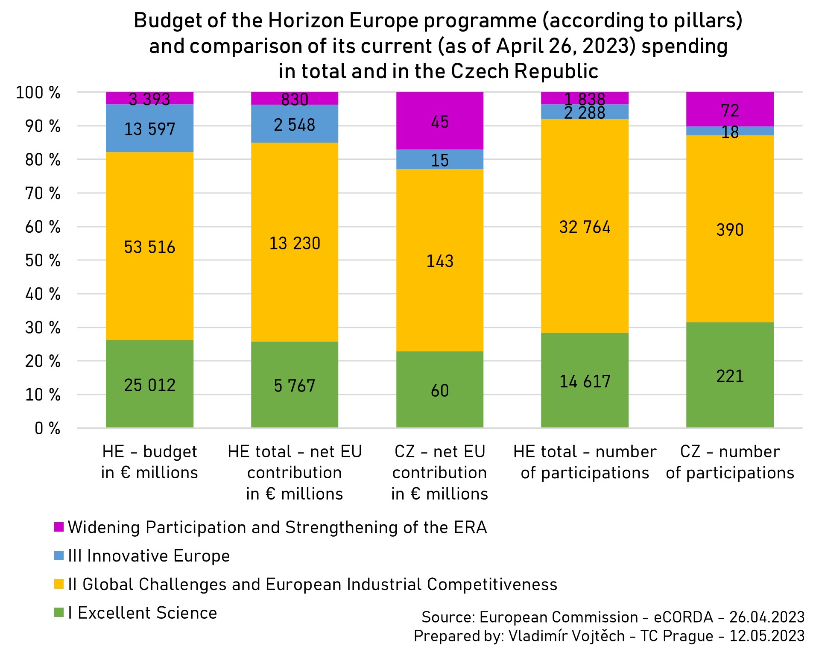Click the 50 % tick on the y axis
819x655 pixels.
[x=43, y=260]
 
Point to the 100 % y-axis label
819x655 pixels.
[x=38, y=93]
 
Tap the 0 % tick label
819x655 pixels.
[x=47, y=428]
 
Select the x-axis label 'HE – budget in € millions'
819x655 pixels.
[x=149, y=462]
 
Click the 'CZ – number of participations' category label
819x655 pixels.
[x=730, y=462]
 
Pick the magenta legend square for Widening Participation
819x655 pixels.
[x=59, y=527]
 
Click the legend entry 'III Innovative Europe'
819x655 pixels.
[x=149, y=556]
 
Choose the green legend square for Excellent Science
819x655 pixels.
[x=59, y=613]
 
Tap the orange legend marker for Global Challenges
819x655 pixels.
[x=59, y=584]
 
